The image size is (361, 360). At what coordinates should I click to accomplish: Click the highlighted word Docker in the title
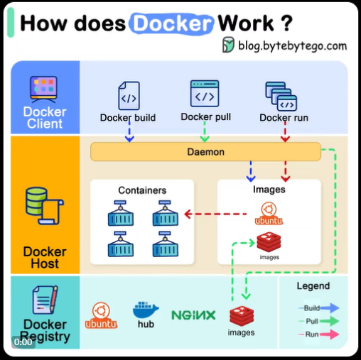[171, 23]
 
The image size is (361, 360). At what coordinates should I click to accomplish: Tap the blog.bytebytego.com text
[292, 45]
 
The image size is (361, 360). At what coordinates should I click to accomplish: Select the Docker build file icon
[129, 96]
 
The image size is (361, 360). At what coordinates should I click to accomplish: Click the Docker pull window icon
[205, 93]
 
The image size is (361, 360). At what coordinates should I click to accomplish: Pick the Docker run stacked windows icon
[281, 96]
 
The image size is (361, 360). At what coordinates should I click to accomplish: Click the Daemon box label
[205, 152]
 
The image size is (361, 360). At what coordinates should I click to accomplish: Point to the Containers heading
[142, 190]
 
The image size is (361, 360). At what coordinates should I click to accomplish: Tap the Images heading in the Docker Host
[269, 190]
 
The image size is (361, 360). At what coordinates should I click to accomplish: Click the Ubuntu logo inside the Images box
[269, 213]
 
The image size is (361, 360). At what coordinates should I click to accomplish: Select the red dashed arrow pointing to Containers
[215, 214]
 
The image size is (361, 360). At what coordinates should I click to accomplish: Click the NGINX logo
[193, 315]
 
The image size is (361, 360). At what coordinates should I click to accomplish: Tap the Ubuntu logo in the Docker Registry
[101, 315]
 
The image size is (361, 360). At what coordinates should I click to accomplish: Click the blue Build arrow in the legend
[330, 307]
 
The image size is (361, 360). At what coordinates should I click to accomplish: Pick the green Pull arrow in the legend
[330, 321]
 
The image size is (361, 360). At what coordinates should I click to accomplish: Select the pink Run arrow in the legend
[330, 334]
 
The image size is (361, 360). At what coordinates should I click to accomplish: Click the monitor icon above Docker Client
[43, 89]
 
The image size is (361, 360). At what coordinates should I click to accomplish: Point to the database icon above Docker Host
[44, 206]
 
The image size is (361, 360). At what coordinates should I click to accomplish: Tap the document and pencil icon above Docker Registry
[45, 300]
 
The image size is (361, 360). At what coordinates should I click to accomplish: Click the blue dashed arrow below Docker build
[129, 132]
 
